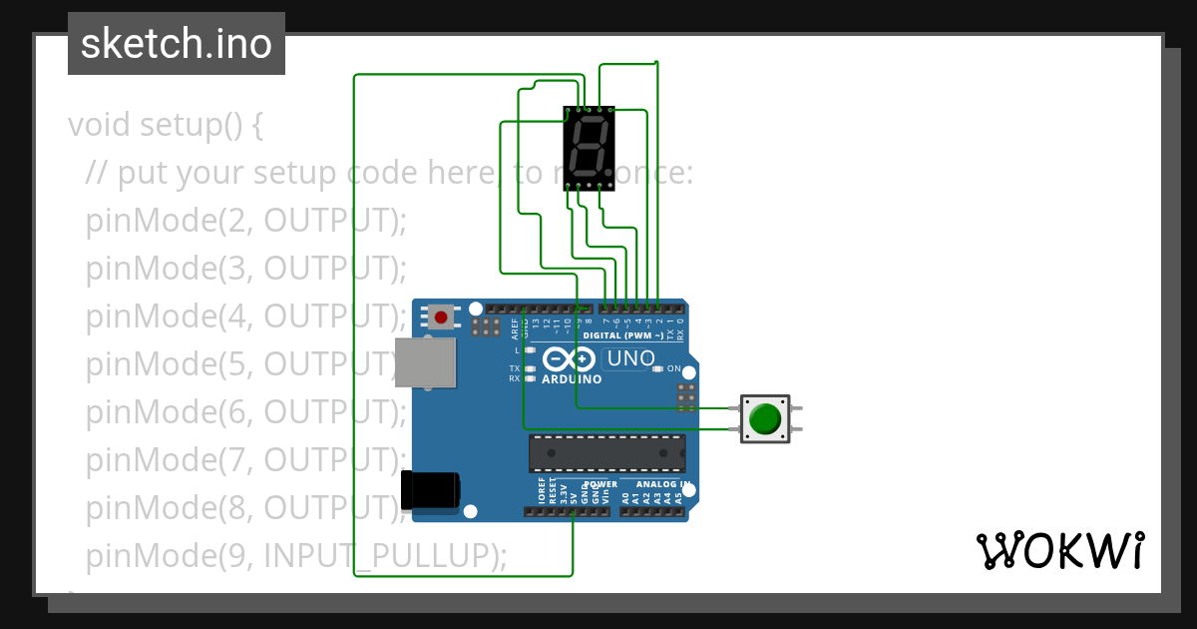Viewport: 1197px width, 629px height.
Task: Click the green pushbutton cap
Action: [x=764, y=418]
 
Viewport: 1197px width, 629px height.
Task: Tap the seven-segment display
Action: [x=589, y=147]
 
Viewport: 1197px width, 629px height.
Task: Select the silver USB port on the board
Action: [x=426, y=361]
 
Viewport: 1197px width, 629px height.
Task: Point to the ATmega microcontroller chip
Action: [x=606, y=453]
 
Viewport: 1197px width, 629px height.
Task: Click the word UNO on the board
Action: [x=630, y=358]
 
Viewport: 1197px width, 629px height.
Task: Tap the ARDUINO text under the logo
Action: [x=572, y=379]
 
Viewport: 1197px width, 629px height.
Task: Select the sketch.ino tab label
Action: [x=177, y=44]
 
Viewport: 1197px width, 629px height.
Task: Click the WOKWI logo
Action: [x=1059, y=550]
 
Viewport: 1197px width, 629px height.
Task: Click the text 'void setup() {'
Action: [x=166, y=126]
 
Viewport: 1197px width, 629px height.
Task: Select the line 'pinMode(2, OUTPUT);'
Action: [x=246, y=221]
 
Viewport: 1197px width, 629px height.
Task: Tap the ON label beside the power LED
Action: [x=673, y=368]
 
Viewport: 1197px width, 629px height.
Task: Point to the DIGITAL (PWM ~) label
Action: [x=622, y=336]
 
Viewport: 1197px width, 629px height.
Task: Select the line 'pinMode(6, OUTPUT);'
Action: [x=246, y=411]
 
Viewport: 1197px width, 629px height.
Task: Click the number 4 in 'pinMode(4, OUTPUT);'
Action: [x=235, y=316]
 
